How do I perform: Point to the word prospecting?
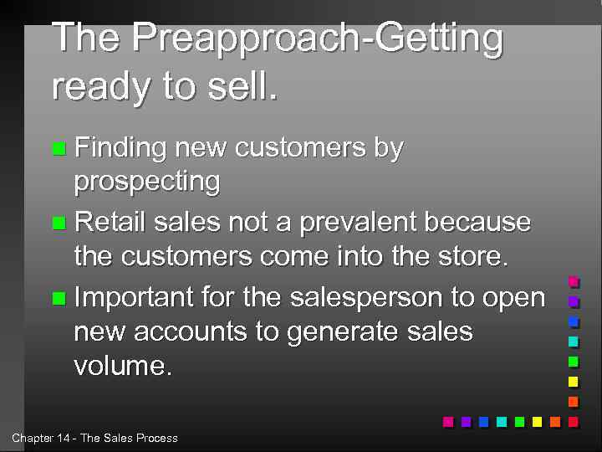[x=147, y=182]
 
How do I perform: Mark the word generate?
[x=345, y=333]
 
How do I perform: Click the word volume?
[x=122, y=366]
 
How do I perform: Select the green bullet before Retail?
[x=58, y=223]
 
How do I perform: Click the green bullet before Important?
[x=58, y=298]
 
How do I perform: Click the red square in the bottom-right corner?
[x=574, y=422]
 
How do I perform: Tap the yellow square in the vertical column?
[x=574, y=382]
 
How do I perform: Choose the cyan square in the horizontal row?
[x=502, y=422]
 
